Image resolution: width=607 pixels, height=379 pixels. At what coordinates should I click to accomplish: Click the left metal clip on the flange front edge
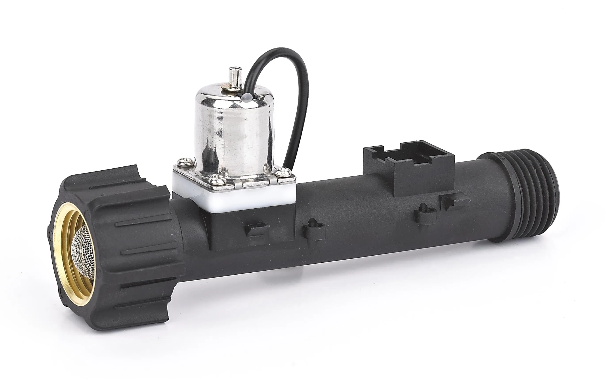239,185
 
